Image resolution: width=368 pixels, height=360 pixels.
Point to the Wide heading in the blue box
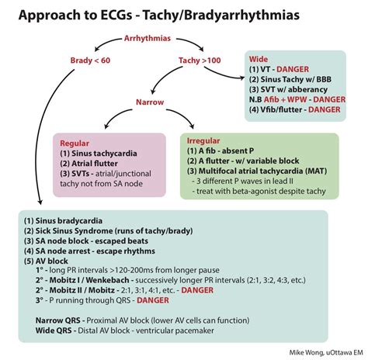[x=259, y=59]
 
